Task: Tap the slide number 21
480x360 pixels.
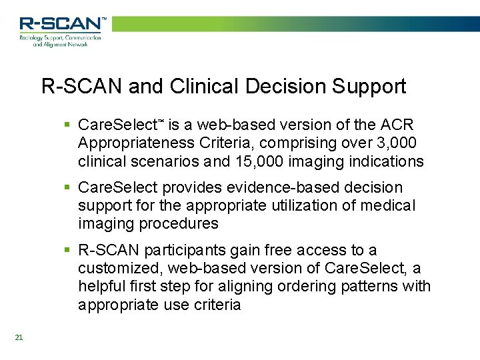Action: tap(19, 337)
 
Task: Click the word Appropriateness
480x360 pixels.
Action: tap(133, 143)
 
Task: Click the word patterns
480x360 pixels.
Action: tap(375, 287)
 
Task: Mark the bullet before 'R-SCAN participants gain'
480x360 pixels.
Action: tap(67, 251)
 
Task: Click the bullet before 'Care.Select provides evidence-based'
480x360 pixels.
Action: tap(67, 189)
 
